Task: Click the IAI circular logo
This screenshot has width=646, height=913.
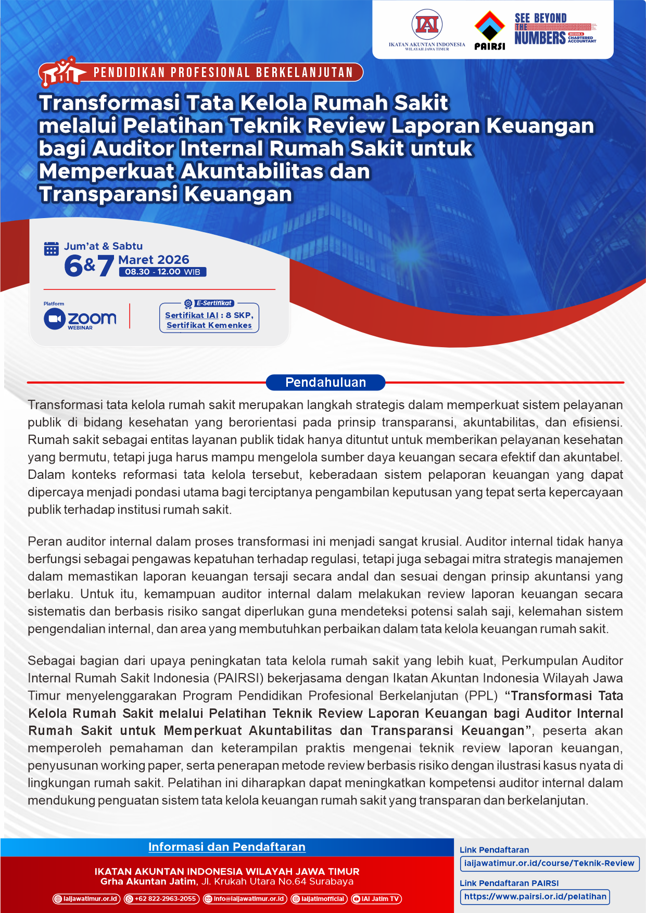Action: click(427, 24)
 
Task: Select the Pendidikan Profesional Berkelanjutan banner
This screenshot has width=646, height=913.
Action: click(223, 72)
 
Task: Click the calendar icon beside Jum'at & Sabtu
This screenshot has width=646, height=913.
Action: click(51, 249)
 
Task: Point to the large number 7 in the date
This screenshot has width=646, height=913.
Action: click(106, 265)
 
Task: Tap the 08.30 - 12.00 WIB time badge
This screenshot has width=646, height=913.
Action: click(162, 272)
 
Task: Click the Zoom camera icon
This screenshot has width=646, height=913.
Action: click(54, 319)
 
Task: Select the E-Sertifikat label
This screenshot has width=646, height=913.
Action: click(214, 303)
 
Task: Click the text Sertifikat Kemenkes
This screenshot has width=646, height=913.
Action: click(209, 325)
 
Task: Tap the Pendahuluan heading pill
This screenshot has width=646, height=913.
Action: click(325, 383)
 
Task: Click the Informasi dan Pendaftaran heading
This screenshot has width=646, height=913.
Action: click(226, 847)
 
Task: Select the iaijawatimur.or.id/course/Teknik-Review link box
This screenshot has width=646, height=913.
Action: click(549, 863)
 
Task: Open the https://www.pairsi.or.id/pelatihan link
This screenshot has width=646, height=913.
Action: click(535, 896)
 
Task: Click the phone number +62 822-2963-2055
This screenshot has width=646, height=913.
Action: click(161, 898)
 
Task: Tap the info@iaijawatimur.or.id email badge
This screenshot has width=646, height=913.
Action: click(245, 898)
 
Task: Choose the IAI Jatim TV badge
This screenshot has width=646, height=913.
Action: click(376, 898)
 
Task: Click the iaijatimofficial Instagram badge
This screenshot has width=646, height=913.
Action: click(319, 898)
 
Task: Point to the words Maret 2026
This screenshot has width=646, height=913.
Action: click(154, 260)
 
